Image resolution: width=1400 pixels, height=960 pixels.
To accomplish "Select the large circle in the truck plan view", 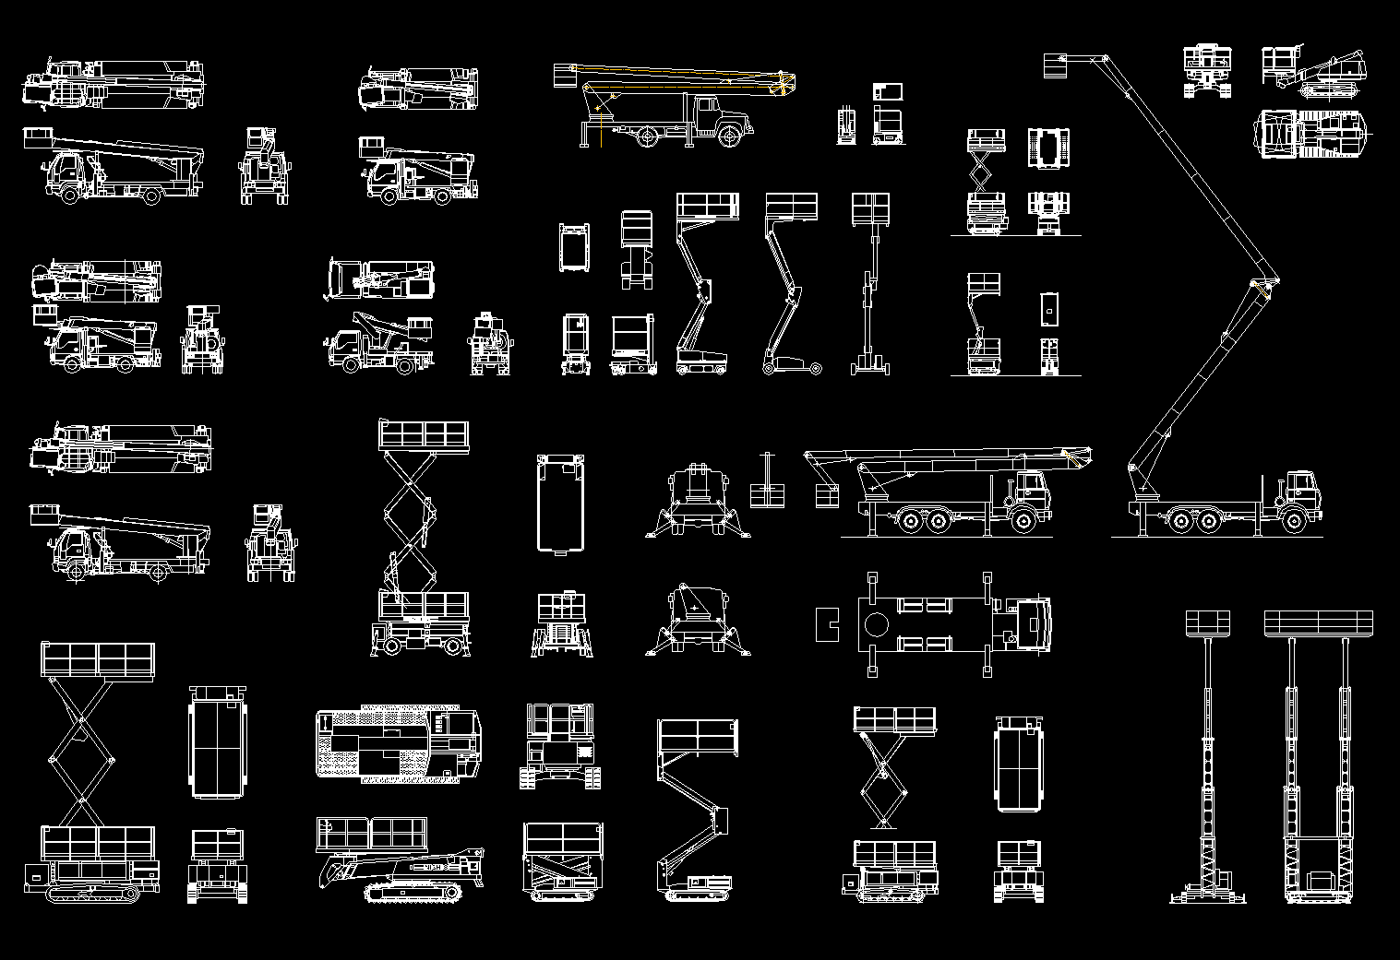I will click(x=876, y=625).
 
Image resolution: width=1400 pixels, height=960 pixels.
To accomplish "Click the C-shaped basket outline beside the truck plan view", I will click(x=826, y=625).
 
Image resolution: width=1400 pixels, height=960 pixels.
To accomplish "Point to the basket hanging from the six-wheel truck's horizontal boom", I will click(x=826, y=495).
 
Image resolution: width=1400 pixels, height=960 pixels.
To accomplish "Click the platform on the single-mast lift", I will click(x=1207, y=623).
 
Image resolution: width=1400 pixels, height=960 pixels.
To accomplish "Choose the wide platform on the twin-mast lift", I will click(x=1318, y=623).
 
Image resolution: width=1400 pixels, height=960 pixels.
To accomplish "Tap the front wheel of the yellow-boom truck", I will click(x=729, y=137).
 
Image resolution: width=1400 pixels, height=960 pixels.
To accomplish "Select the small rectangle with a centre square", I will click(x=1048, y=310).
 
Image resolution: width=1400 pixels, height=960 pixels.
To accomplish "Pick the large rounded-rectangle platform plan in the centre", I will click(x=562, y=503).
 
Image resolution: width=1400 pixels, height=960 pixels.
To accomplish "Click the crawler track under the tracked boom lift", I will click(x=413, y=892).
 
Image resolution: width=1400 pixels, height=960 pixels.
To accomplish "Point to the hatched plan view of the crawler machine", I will click(x=399, y=743).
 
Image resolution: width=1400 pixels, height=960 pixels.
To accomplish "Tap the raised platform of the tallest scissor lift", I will click(x=424, y=435).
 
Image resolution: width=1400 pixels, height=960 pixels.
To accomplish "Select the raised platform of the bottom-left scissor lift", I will click(x=97, y=660).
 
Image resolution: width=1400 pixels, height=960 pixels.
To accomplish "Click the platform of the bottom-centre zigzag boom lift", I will click(x=697, y=739).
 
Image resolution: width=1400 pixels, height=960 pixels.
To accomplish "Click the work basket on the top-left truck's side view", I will click(x=38, y=137).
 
